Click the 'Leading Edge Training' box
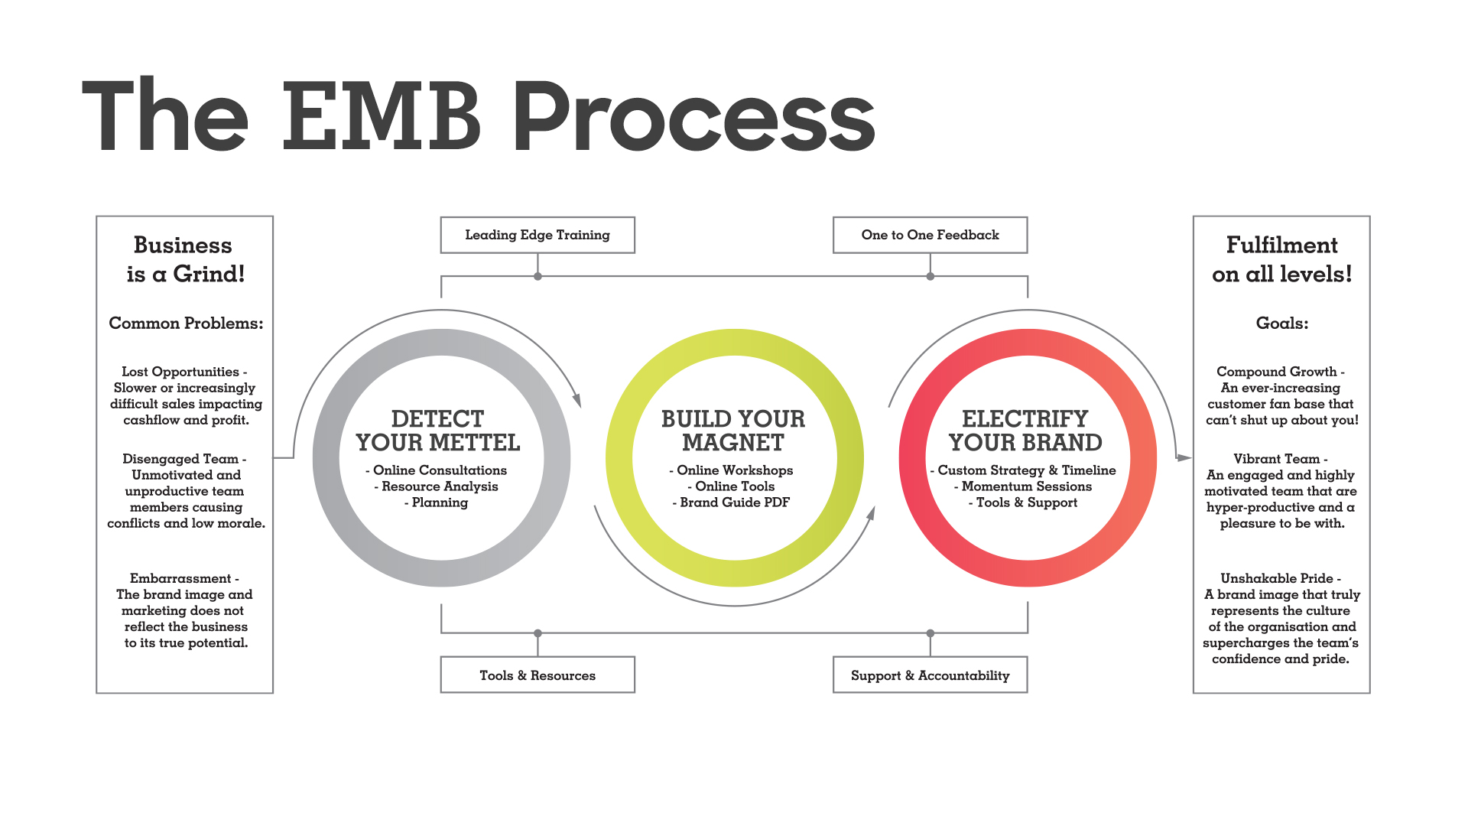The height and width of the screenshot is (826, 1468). tap(538, 235)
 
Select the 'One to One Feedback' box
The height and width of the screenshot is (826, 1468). tap(930, 235)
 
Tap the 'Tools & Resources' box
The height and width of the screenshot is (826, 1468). tap(538, 675)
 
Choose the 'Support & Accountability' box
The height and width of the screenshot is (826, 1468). tap(930, 675)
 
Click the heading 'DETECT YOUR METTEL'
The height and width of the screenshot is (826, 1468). tap(438, 431)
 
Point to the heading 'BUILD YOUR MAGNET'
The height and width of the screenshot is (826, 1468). tap(733, 431)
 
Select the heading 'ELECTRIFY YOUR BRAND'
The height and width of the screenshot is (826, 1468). tap(1025, 431)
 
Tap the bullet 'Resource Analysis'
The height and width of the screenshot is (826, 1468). tap(436, 486)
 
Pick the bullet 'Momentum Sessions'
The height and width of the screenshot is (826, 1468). tap(1023, 486)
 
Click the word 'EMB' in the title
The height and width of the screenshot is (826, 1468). tap(382, 116)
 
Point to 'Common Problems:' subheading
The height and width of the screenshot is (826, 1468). tap(186, 323)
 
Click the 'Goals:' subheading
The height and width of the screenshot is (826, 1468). tap(1282, 323)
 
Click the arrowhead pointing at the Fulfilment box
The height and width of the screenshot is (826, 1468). tap(1184, 458)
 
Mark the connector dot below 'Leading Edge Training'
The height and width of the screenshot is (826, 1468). tap(538, 276)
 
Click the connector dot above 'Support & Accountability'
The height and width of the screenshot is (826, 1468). tap(930, 633)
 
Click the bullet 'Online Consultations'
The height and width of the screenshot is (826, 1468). tap(436, 470)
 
